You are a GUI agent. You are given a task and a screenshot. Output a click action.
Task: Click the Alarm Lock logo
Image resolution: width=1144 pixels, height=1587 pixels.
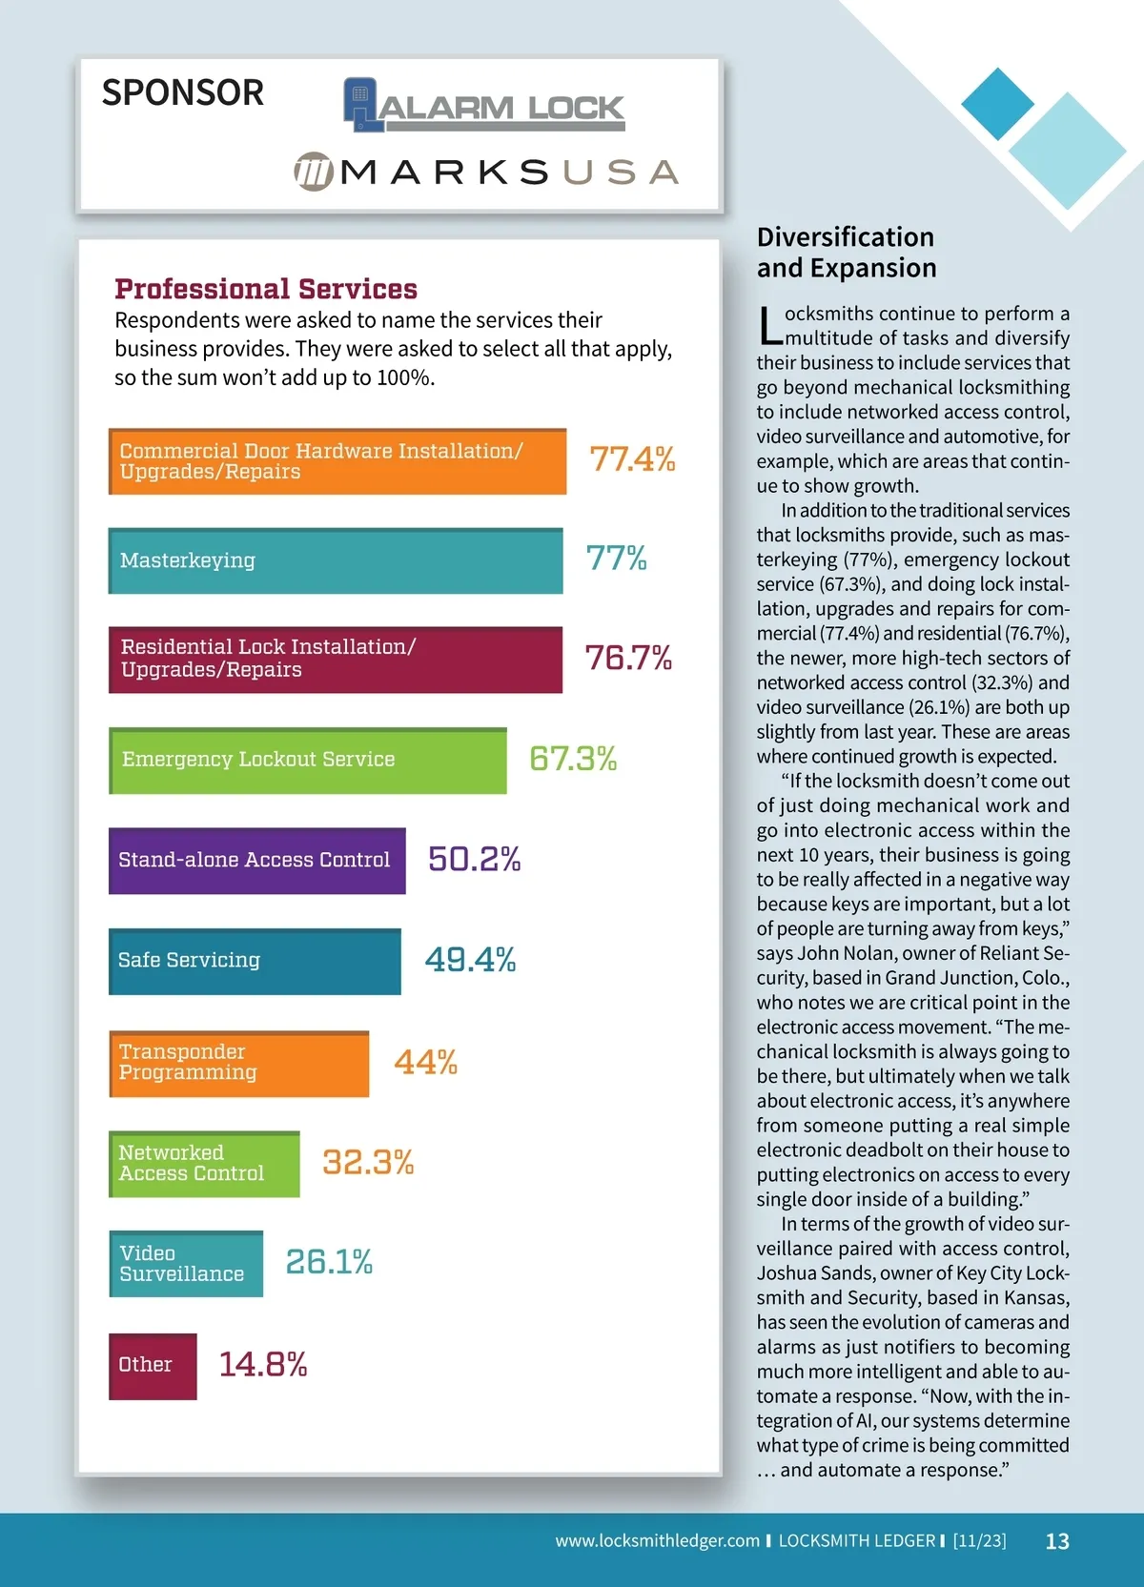click(484, 106)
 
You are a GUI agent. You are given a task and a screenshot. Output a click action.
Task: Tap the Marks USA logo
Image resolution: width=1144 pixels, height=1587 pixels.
click(486, 172)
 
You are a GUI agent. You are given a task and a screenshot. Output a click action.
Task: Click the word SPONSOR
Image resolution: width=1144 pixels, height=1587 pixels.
click(183, 92)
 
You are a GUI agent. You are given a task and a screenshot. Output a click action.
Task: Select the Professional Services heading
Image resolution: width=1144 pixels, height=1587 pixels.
click(266, 289)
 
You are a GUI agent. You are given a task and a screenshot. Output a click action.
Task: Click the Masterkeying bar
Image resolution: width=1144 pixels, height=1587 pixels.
click(336, 560)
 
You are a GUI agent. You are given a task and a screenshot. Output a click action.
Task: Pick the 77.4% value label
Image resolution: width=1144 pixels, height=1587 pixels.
click(632, 459)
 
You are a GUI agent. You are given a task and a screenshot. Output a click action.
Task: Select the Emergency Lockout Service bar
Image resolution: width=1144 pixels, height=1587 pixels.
click(307, 760)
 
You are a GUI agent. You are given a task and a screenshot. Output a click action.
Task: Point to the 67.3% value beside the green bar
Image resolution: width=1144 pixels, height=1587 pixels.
click(573, 759)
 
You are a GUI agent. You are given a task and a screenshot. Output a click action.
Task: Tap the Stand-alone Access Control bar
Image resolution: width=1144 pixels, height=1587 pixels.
click(256, 860)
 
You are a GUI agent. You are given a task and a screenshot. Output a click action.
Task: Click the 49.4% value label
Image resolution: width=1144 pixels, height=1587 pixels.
click(470, 960)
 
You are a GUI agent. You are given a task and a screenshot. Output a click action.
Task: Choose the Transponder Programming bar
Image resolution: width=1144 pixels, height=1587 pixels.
click(238, 1063)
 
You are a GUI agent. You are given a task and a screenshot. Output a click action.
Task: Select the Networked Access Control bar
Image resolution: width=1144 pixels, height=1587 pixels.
click(204, 1164)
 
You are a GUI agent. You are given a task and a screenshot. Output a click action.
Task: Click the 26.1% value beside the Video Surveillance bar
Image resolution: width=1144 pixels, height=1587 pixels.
click(329, 1262)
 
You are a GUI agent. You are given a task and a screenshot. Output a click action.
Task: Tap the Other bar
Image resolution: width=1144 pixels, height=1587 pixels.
click(153, 1365)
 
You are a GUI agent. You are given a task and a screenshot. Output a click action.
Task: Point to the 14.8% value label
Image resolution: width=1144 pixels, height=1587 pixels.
click(263, 1365)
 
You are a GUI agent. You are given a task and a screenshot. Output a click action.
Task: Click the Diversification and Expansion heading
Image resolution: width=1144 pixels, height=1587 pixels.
click(847, 253)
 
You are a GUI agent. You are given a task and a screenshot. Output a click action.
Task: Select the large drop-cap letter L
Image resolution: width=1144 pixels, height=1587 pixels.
click(769, 327)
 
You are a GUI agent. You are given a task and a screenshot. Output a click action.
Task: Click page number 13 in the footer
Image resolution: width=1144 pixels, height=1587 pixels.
click(1057, 1541)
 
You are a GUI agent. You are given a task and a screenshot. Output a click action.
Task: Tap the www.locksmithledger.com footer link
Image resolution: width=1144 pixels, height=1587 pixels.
click(657, 1540)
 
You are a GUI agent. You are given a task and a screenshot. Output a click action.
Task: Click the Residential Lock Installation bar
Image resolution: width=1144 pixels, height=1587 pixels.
click(335, 659)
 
